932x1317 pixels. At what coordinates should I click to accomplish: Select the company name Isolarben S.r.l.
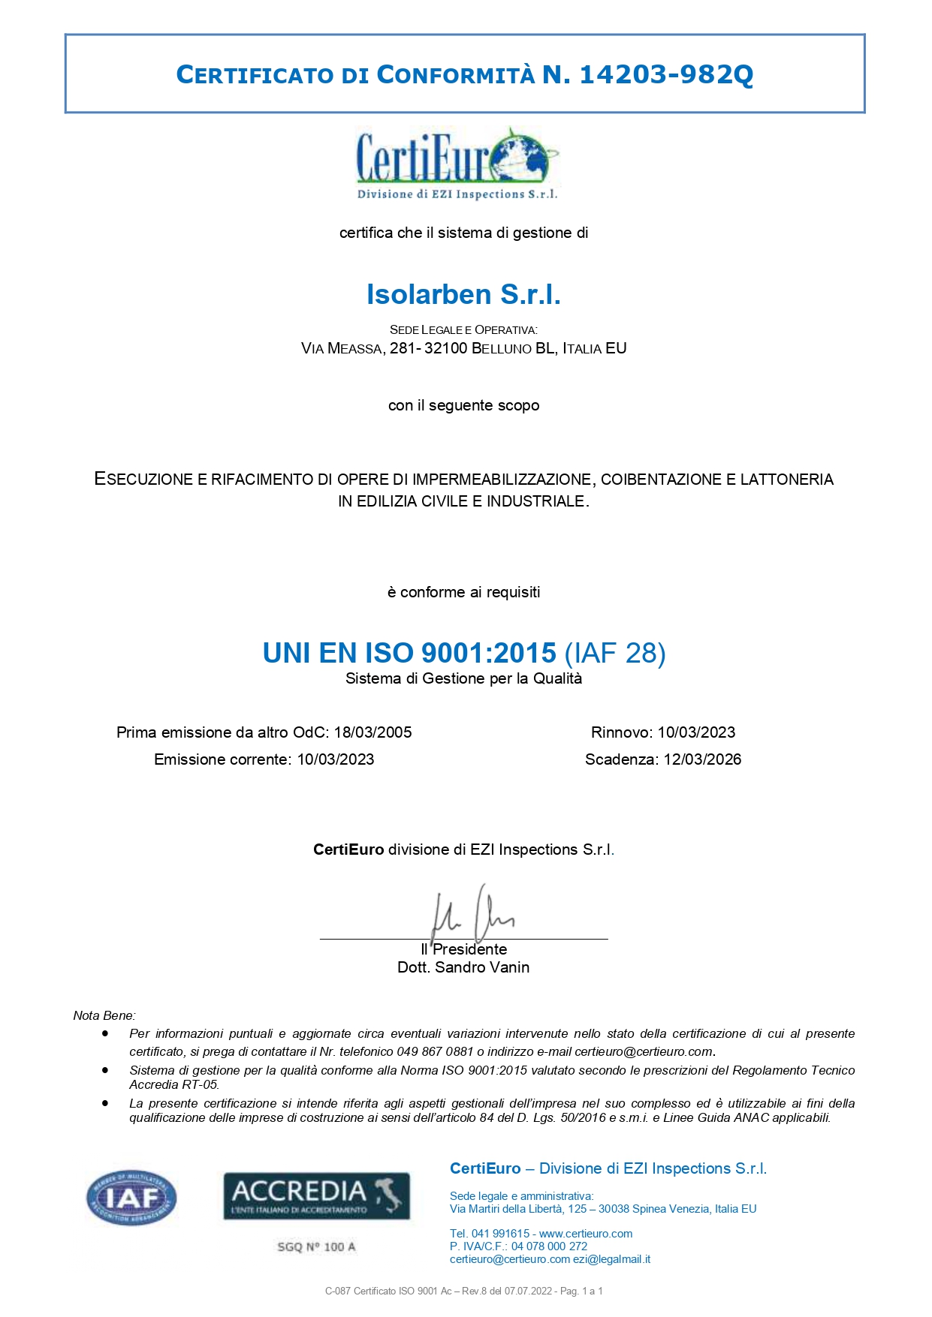coord(463,294)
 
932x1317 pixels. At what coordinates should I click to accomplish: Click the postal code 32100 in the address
coord(445,348)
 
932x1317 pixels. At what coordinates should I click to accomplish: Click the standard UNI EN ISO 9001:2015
coord(409,653)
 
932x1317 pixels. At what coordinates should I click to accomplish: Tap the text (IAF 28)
coord(614,653)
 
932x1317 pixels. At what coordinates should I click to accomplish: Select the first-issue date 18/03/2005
coord(372,732)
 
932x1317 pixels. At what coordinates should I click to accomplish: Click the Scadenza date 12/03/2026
coord(702,759)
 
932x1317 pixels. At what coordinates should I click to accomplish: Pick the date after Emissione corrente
coord(335,759)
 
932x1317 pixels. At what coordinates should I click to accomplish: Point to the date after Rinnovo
coord(696,732)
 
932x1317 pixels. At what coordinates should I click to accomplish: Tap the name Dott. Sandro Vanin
coord(463,967)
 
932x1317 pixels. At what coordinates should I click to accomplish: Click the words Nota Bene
coord(104,1015)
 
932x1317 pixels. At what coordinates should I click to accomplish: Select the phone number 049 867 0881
coord(436,1051)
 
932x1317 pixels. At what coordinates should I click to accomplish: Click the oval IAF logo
coord(131,1198)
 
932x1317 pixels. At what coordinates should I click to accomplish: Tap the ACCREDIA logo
coord(316,1195)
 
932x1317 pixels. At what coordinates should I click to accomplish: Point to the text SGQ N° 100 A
coord(316,1246)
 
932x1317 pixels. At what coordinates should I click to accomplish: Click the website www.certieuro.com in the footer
coord(586,1234)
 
